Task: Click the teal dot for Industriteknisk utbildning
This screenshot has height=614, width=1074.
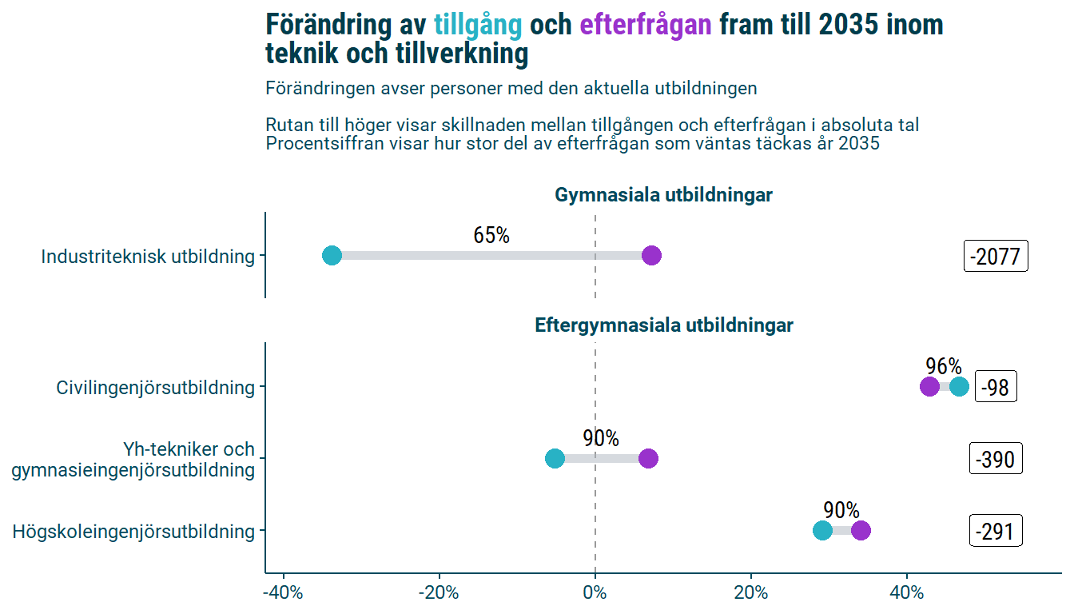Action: [332, 256]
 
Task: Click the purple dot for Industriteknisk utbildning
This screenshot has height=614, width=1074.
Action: [651, 256]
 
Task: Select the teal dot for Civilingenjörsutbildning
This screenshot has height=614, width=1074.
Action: [960, 387]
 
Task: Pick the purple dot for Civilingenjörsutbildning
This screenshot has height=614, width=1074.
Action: [929, 387]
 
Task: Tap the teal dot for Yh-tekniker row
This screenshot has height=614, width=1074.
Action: [555, 459]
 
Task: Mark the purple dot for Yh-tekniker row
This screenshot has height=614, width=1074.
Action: [648, 459]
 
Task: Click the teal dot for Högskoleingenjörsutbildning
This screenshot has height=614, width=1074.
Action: [822, 531]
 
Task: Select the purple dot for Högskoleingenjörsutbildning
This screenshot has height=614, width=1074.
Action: [861, 531]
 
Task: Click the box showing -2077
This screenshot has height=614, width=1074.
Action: [995, 257]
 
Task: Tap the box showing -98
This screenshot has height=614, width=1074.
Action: [995, 389]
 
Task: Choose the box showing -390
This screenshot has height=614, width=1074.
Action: [995, 460]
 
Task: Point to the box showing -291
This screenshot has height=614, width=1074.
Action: [995, 532]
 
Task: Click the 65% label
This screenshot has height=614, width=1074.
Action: [491, 236]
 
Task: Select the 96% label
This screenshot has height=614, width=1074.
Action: [944, 366]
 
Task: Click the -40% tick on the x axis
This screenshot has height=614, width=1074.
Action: [283, 594]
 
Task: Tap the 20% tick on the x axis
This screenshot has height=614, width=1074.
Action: [750, 594]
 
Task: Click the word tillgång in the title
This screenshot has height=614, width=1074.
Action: [477, 25]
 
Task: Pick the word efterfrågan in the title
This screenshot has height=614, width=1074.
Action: [645, 25]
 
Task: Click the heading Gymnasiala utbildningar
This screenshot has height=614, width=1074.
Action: [663, 195]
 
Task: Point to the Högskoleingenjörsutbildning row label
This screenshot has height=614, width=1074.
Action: [133, 532]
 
